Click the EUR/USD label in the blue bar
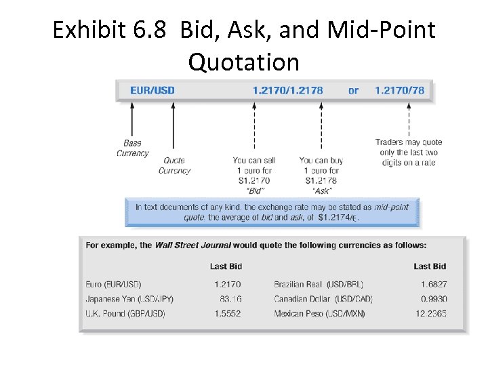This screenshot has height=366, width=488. [152, 90]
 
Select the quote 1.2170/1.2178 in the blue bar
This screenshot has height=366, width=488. [288, 90]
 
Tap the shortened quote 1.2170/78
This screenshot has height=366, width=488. [400, 90]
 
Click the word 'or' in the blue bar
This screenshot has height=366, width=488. [353, 90]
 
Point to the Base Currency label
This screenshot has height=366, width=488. [132, 148]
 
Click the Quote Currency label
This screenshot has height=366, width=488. [174, 165]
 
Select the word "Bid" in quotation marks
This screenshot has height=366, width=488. [254, 191]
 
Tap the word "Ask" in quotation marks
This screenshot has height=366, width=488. [321, 191]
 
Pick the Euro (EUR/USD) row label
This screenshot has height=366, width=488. [114, 285]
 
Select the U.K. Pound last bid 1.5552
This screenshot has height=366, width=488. [227, 314]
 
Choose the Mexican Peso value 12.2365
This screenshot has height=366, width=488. [431, 314]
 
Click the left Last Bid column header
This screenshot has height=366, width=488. [226, 266]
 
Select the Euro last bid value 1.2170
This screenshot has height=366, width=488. [227, 285]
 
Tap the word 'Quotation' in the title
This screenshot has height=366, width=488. [244, 62]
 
